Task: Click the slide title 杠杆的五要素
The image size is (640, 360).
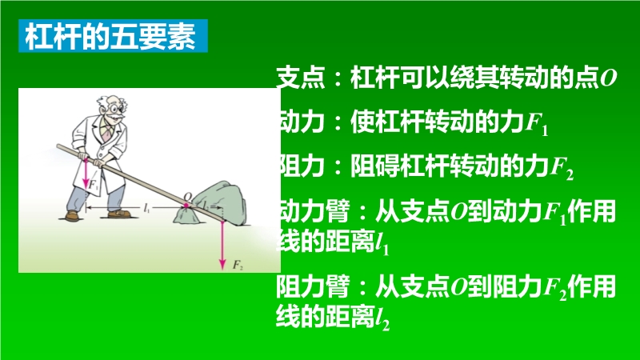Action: (x=111, y=36)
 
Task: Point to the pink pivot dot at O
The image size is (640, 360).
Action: (x=186, y=206)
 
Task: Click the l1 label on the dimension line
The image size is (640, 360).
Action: (x=147, y=208)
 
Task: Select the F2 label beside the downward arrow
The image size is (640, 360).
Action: (x=238, y=265)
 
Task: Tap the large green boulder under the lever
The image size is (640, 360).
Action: (x=221, y=202)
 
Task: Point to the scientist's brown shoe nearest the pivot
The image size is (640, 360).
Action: (x=119, y=214)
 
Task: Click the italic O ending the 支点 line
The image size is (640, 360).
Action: (x=608, y=78)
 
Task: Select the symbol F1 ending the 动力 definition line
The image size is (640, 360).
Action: (x=536, y=124)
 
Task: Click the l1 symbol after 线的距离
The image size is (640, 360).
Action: (x=382, y=245)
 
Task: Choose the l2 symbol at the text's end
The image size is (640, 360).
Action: (x=382, y=319)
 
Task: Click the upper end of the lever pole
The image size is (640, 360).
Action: (x=58, y=146)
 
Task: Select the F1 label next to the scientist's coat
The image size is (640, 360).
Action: (x=94, y=186)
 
